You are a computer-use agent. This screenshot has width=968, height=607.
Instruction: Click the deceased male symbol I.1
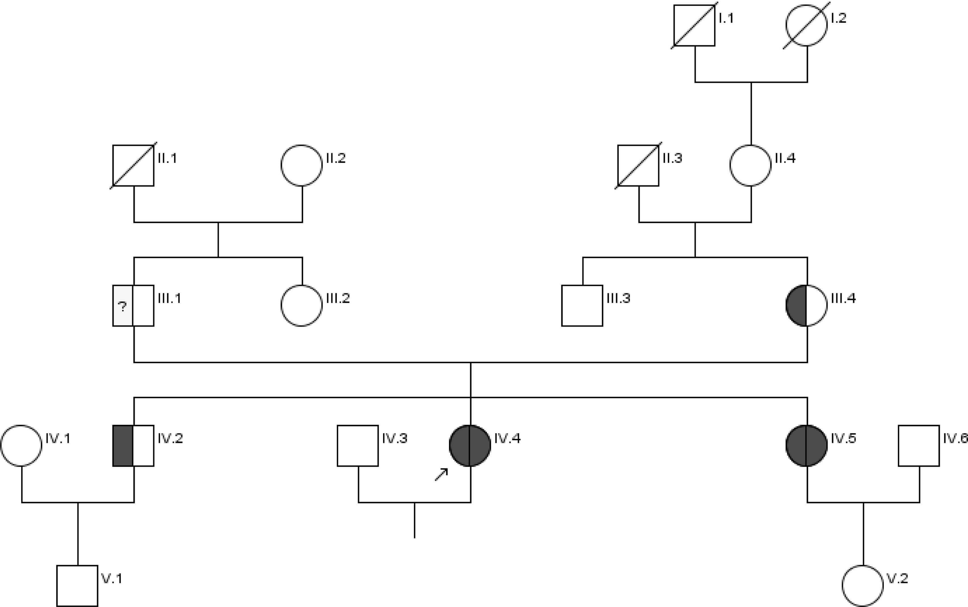pos(694,25)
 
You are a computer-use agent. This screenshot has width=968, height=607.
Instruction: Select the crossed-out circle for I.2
pos(806,25)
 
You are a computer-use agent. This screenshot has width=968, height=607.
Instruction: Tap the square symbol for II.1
pos(133,165)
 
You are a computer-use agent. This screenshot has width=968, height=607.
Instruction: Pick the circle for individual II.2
pos(301,165)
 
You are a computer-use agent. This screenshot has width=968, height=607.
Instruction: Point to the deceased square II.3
pos(638,165)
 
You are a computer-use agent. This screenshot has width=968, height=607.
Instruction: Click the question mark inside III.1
pos(122,307)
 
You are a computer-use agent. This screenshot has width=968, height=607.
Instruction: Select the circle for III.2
pos(301,306)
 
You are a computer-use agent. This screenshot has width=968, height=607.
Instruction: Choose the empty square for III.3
pos(582,306)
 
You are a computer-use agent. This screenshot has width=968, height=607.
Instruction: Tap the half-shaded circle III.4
pos(806,306)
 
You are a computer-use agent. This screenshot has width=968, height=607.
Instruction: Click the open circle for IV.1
pos(21,446)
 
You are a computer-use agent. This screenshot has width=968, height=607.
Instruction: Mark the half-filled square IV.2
pos(133,446)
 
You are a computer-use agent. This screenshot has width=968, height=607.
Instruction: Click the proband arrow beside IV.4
pos(441,474)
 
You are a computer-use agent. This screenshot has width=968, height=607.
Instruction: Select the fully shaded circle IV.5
pos(806,446)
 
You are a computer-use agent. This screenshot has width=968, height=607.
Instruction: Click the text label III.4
pos(843,298)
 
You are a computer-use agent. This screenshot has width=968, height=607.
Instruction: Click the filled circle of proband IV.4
pos(470,446)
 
